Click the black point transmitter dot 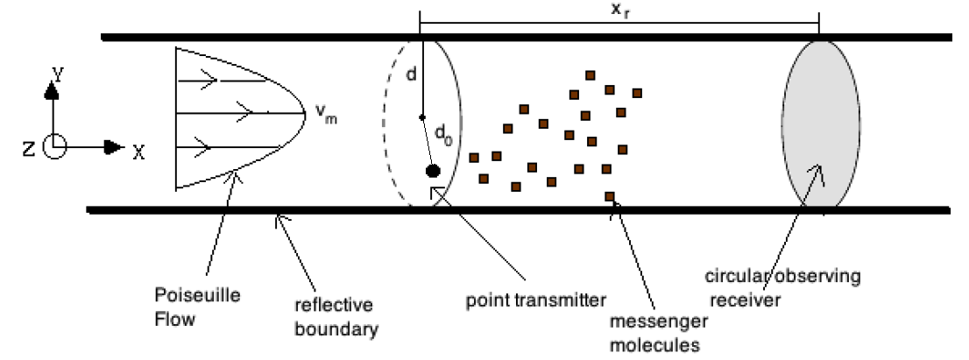(432, 170)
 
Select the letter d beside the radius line (412, 75)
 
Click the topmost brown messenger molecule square (591, 75)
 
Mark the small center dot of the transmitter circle (421, 117)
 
